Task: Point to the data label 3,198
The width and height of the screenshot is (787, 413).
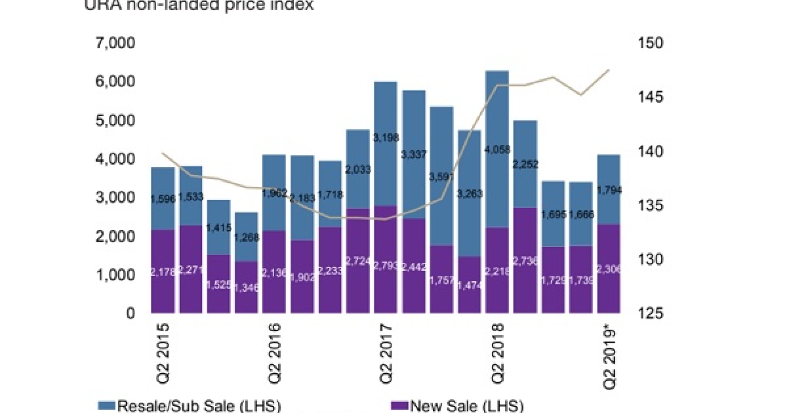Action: point(386,138)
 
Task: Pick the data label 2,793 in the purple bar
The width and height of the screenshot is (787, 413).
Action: point(386,266)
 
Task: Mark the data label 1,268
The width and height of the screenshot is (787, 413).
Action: point(247,237)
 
